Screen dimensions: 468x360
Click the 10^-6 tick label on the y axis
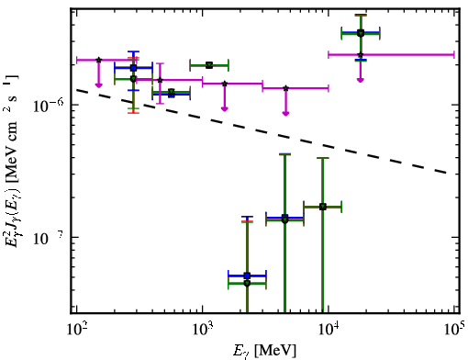tap(49, 106)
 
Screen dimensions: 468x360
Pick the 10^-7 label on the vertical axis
tap(49, 238)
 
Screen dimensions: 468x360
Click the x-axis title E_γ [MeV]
tap(264, 351)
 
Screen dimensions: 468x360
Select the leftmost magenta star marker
tap(98, 60)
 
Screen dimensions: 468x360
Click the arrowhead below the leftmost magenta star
tap(98, 84)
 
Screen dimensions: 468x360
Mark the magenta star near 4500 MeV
tap(285, 88)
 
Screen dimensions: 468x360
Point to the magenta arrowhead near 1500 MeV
tap(225, 108)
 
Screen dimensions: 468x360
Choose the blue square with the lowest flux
tap(247, 276)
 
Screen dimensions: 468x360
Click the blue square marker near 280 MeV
tap(133, 68)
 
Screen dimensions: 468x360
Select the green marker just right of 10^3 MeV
tap(209, 65)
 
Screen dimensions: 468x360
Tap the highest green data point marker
tap(361, 33)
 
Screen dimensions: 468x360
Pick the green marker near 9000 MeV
tap(323, 207)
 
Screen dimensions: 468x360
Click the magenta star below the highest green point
tap(361, 55)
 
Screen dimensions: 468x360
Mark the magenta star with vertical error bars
tap(160, 80)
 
